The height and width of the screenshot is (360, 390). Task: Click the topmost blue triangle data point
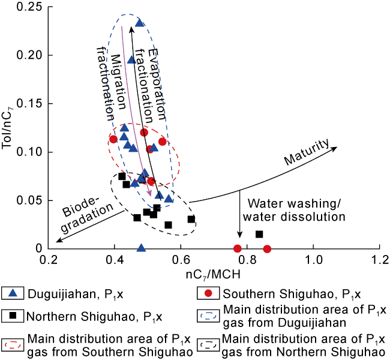[140, 23]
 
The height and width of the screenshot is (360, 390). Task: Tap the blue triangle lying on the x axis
[142, 248]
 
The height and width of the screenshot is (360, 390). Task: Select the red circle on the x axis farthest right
[267, 248]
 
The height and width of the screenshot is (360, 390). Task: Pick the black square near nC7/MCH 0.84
[259, 234]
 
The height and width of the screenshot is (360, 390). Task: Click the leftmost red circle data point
[113, 139]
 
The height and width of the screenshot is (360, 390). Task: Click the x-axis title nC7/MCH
[215, 277]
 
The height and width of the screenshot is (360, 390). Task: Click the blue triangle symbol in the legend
[16, 293]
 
